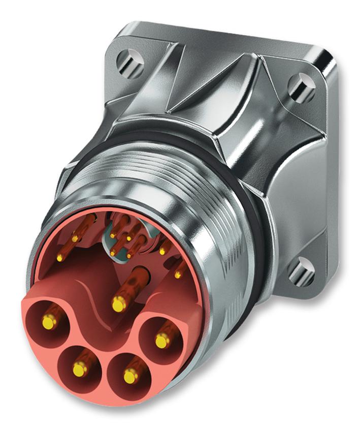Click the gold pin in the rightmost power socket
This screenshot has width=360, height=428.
click(x=161, y=340)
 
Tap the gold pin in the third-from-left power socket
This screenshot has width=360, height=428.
click(x=129, y=376)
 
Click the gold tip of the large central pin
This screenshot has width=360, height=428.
click(x=118, y=304)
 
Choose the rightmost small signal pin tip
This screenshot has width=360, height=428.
click(x=178, y=274)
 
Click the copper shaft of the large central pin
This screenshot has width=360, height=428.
click(x=133, y=282)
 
